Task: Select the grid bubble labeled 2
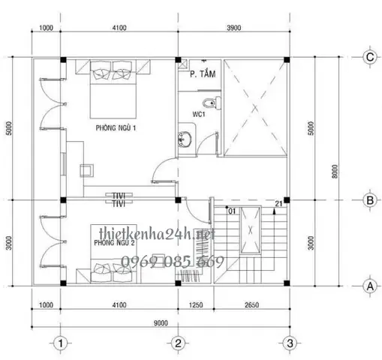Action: coord(178,343)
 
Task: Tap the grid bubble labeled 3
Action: coord(289,343)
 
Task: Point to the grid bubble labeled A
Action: coord(368,285)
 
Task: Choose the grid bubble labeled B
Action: coord(368,200)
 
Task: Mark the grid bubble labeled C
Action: coord(368,57)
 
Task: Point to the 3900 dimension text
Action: coord(233,28)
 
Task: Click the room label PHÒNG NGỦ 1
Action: coord(116,129)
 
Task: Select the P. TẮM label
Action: coord(202,74)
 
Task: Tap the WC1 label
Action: coord(199,115)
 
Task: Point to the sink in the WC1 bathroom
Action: coord(184,138)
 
